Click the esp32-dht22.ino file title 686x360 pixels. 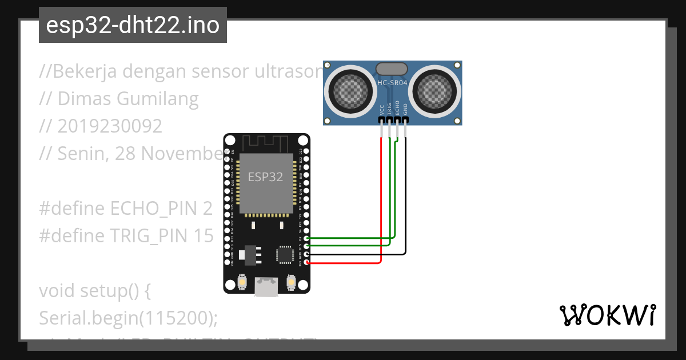click(133, 26)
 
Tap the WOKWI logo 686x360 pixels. click(607, 315)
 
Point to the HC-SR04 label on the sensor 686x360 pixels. click(392, 83)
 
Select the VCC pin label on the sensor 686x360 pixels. click(381, 110)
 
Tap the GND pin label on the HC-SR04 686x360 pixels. click(405, 110)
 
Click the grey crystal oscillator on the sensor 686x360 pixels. click(392, 69)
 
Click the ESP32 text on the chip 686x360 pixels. click(265, 177)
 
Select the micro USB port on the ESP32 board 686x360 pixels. click(265, 286)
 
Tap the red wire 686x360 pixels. click(381, 200)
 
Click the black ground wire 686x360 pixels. click(406, 200)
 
